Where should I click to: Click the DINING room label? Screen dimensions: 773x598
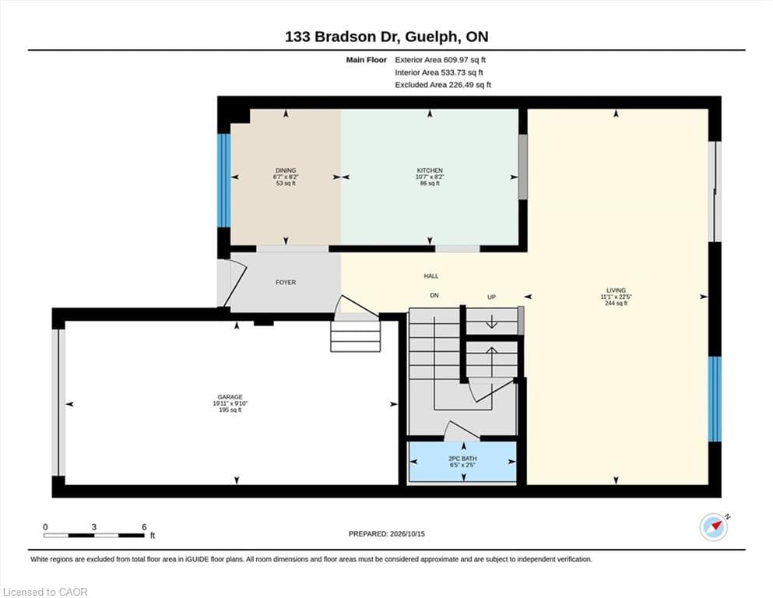(286, 171)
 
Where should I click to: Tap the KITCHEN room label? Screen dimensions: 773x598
(430, 171)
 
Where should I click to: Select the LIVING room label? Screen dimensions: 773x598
(616, 290)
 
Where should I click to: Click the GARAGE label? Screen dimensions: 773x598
(230, 397)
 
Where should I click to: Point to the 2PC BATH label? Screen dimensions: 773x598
(462, 459)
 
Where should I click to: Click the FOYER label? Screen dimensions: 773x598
(286, 283)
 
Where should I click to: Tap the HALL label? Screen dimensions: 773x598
(430, 276)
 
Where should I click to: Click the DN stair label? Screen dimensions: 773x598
(434, 295)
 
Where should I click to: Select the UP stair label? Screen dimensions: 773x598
(491, 297)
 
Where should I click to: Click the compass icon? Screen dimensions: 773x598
(714, 527)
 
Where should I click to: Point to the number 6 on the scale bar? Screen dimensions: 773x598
(144, 526)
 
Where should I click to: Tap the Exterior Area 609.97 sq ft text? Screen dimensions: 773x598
(441, 60)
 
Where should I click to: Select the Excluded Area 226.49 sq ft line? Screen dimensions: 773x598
(443, 85)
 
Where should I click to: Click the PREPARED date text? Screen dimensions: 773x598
(386, 533)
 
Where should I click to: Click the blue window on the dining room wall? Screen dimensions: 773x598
(224, 181)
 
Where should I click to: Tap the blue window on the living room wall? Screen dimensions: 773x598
(715, 399)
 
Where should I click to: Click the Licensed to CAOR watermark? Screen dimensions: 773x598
(45, 592)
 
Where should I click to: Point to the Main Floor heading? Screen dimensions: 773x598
(367, 60)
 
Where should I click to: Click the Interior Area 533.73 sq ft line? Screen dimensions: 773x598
(439, 72)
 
